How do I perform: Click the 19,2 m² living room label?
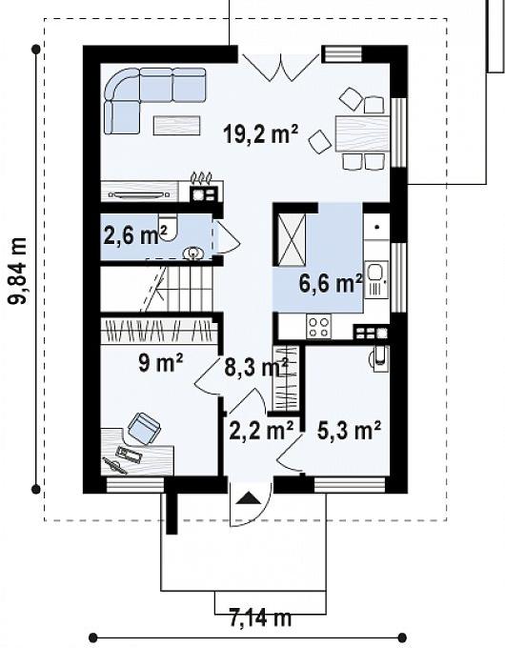[x=260, y=133]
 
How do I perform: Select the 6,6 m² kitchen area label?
[x=331, y=283]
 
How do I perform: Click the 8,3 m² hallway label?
[x=256, y=367]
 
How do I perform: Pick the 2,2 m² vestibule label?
[x=261, y=431]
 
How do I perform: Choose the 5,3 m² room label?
[x=349, y=430]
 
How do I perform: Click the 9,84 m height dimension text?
[x=18, y=271]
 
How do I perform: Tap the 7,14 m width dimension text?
[x=260, y=618]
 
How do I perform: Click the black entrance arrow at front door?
[x=249, y=498]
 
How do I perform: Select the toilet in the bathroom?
[x=169, y=227]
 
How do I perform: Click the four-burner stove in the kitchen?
[x=319, y=327]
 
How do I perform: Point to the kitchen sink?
[x=375, y=279]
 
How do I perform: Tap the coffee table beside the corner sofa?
[x=177, y=125]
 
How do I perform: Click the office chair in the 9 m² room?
[x=144, y=428]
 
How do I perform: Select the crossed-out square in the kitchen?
[x=292, y=240]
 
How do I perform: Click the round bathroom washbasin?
[x=193, y=253]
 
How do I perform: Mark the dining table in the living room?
[x=362, y=134]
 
